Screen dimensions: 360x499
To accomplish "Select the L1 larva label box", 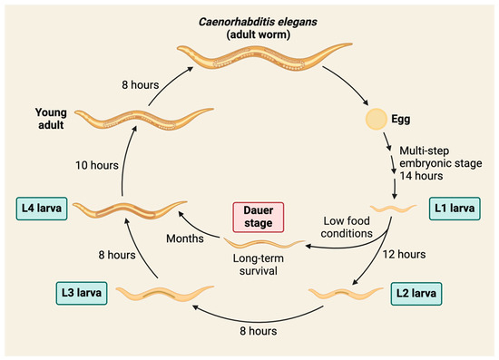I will pyautogui.click(x=455, y=208).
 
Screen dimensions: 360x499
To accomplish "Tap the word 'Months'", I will pyautogui.click(x=188, y=238).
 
